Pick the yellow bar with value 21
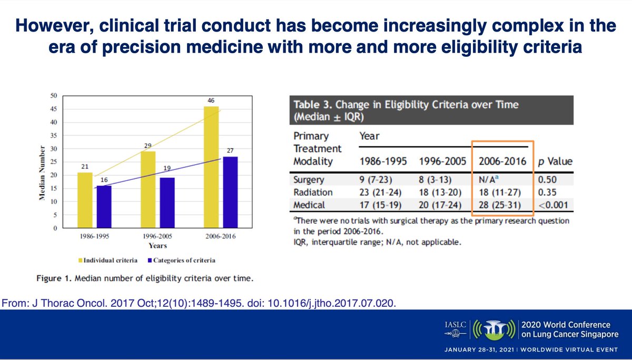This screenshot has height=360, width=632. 85,201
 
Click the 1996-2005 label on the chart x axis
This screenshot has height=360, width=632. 157,237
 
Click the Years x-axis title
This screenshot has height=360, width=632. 157,246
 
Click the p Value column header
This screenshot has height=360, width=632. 552,162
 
